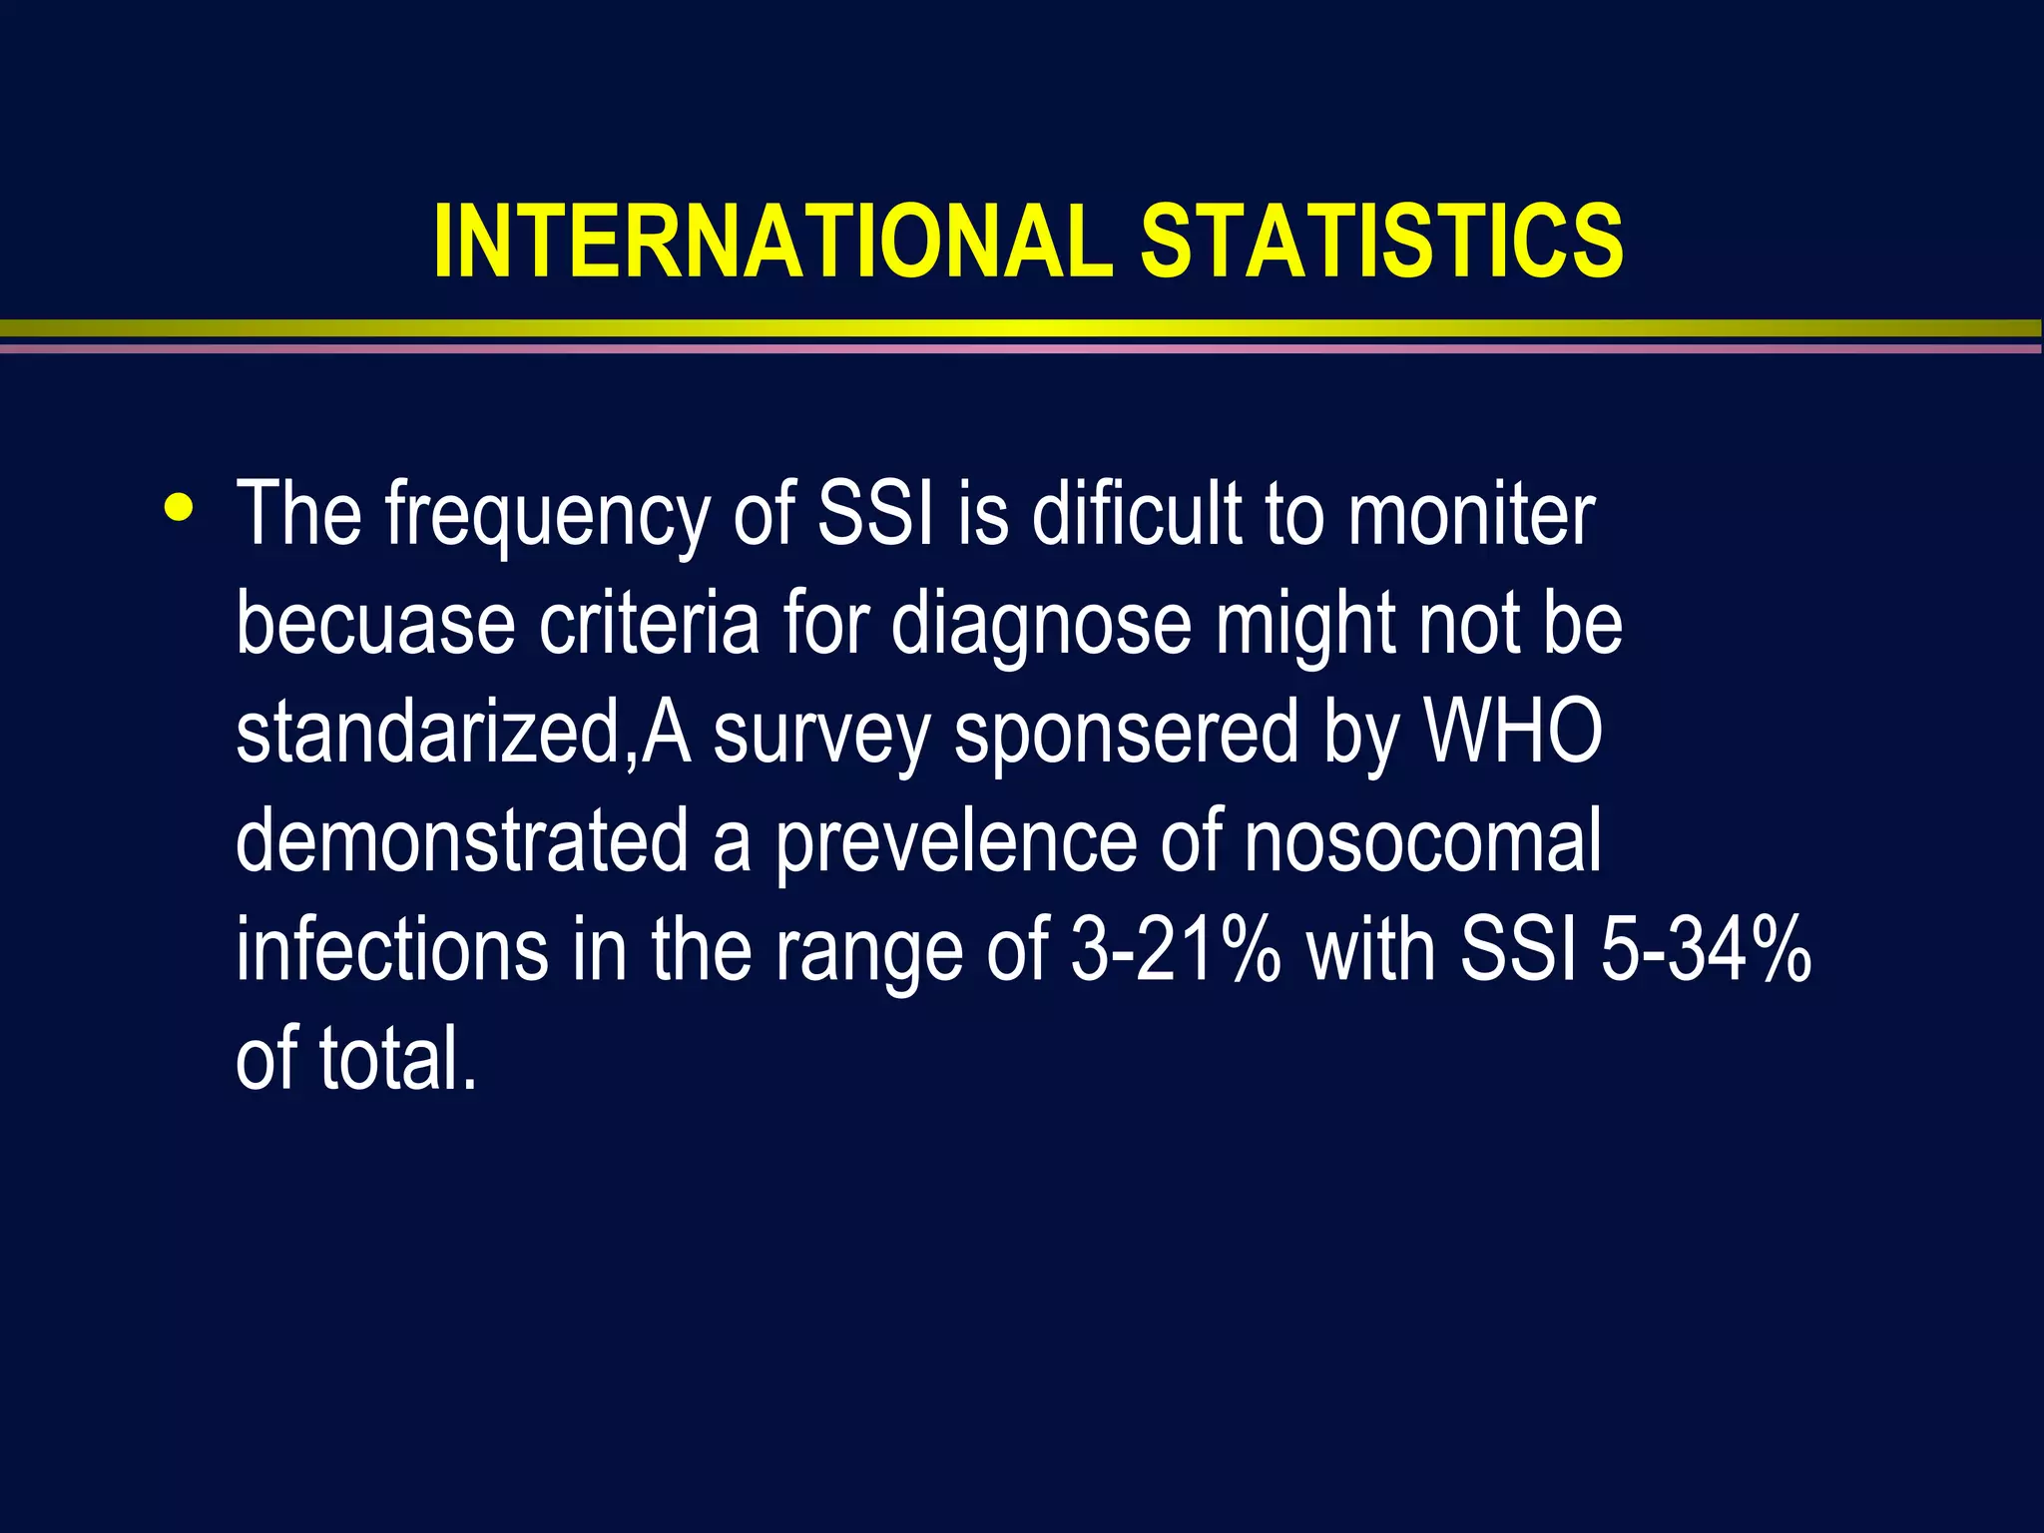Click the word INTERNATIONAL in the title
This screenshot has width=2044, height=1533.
(x=772, y=242)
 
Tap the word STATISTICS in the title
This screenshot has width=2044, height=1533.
(x=1382, y=242)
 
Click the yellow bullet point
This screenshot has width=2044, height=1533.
(x=180, y=506)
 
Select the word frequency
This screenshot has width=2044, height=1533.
(x=547, y=515)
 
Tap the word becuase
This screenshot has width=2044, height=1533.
(x=375, y=623)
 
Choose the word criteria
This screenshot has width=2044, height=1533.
(x=650, y=623)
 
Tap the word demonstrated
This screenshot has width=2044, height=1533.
(x=462, y=840)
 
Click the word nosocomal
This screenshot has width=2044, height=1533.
(x=1422, y=840)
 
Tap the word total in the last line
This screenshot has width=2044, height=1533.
(x=397, y=1058)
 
